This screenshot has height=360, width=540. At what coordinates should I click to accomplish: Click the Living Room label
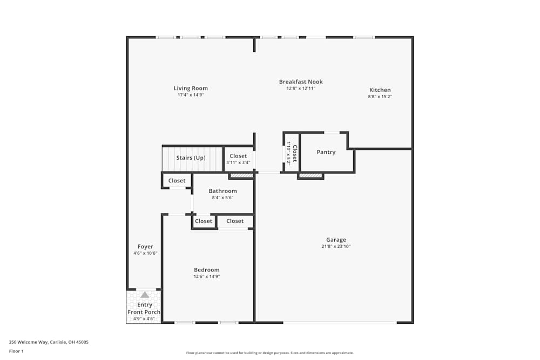[x=191, y=89]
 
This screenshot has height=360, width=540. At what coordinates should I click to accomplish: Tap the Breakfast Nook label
[x=301, y=82]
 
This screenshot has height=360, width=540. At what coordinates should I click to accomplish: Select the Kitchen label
[x=380, y=90]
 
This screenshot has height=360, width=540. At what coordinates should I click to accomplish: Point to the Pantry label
[x=326, y=152]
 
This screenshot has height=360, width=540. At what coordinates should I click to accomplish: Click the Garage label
[x=336, y=240]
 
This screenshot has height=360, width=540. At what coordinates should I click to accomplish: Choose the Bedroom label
[x=207, y=270]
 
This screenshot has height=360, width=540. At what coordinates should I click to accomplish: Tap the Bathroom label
[x=222, y=191]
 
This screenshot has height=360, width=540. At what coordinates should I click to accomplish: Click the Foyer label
[x=145, y=247]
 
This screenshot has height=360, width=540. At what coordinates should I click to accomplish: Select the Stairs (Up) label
[x=191, y=158]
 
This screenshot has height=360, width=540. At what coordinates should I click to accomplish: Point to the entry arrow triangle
[x=145, y=295]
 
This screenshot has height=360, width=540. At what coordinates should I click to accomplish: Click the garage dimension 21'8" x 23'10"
[x=336, y=247]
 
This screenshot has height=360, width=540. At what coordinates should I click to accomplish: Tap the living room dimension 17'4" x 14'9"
[x=191, y=95]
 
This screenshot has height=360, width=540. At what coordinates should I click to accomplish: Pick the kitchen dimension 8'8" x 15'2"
[x=380, y=97]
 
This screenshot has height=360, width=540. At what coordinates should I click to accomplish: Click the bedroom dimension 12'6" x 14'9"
[x=207, y=276]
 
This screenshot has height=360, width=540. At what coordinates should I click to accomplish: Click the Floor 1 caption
[x=16, y=351]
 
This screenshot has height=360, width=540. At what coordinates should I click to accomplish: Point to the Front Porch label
[x=144, y=313]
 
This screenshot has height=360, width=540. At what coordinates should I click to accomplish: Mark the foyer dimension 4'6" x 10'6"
[x=145, y=253]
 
